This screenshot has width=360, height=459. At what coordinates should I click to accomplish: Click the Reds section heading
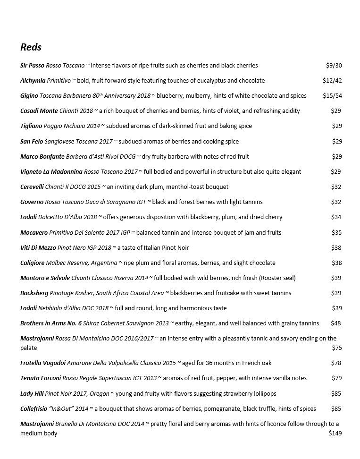[x=31, y=47]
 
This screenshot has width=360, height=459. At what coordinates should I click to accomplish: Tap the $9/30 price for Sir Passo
[x=334, y=66]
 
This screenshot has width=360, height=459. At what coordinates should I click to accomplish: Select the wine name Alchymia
[x=33, y=81]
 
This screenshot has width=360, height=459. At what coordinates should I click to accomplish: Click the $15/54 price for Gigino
[x=332, y=96]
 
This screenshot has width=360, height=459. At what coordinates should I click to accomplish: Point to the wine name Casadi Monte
[x=39, y=111]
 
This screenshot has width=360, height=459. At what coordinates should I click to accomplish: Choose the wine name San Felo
[x=32, y=142]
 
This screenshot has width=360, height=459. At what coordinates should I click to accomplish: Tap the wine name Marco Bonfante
[x=42, y=157]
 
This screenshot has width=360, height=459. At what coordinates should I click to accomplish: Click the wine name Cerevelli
[x=32, y=187]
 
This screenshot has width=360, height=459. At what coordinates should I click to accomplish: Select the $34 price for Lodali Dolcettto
[x=336, y=217]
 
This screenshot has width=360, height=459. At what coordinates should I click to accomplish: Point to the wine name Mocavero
[x=34, y=233]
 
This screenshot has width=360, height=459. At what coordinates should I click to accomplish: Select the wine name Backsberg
[x=34, y=293]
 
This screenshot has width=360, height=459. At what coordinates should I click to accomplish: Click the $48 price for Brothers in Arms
[x=335, y=323]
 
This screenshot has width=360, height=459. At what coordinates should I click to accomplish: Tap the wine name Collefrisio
[x=33, y=409]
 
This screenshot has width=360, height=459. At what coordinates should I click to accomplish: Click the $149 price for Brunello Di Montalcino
[x=335, y=433]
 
